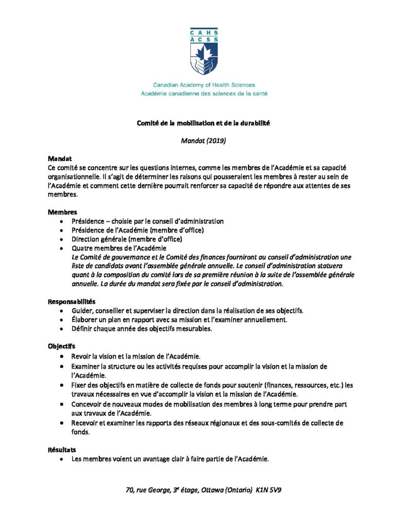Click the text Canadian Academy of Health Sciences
(x=203, y=85)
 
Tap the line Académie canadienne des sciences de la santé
(x=203, y=94)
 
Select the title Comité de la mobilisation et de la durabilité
(x=203, y=123)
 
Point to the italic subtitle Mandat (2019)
(x=203, y=140)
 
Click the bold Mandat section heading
(x=59, y=159)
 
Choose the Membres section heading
(x=63, y=212)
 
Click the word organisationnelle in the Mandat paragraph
(x=71, y=177)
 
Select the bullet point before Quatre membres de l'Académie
(x=62, y=248)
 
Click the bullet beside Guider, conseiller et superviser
(x=62, y=310)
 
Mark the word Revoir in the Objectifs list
(x=82, y=356)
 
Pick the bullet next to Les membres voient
(x=62, y=459)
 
